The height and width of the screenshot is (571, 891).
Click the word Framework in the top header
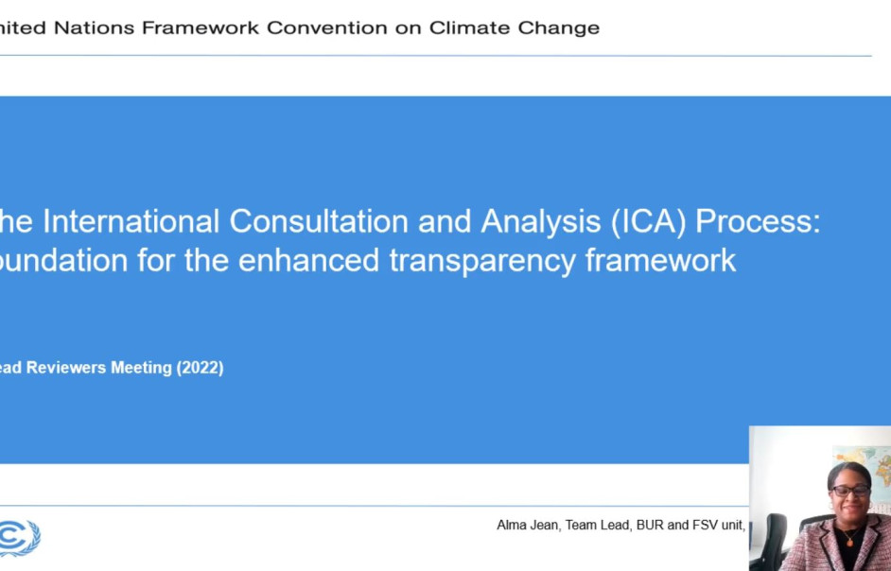tap(200, 27)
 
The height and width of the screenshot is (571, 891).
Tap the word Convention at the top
tap(325, 27)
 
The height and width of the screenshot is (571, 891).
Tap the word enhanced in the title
tap(304, 260)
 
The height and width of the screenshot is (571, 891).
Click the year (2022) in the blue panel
tap(200, 368)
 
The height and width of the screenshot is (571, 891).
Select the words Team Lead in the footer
tap(598, 526)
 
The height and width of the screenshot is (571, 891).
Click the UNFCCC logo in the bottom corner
tap(19, 538)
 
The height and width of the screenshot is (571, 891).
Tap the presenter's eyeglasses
tap(849, 490)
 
